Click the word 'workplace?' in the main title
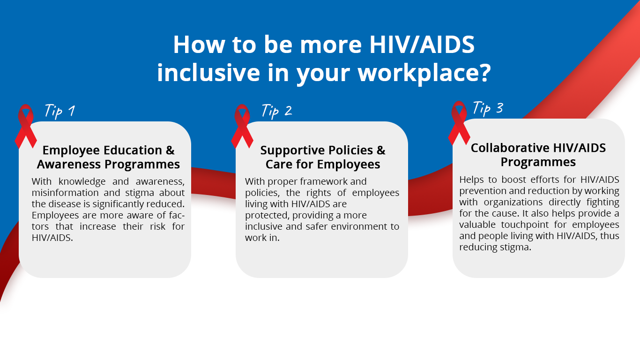coord(424,73)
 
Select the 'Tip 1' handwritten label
coord(60,111)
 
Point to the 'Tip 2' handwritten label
coord(276,111)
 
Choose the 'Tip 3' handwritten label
coord(488,108)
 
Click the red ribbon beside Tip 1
coord(26,126)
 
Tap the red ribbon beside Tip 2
coord(242,126)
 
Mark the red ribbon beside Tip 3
coord(459,123)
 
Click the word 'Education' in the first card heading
coord(132,150)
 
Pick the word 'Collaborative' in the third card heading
coord(510,148)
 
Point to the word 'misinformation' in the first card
coord(65,193)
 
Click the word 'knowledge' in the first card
coord(82,181)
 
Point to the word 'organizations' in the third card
coord(513,202)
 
